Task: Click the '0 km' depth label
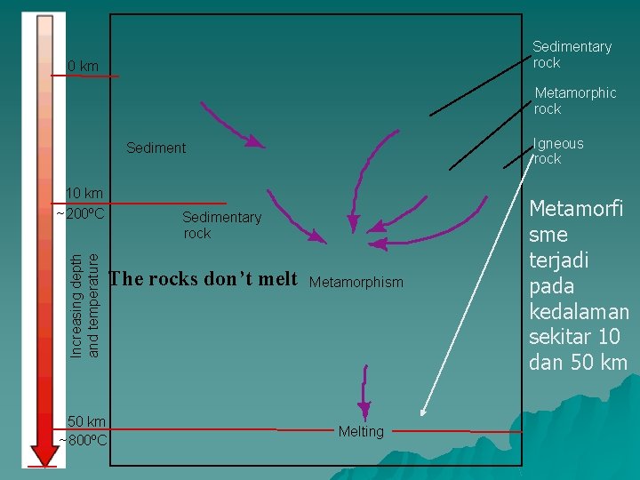84,66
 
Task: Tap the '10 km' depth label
84,193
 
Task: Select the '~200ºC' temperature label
81,214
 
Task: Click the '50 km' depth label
86,421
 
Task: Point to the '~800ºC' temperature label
84,439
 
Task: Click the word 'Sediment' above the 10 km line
156,148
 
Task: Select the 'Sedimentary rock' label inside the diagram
221,225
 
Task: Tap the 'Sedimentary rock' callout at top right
572,54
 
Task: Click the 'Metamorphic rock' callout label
574,100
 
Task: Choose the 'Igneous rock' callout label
558,151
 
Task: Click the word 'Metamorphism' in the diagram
356,282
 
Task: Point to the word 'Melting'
361,431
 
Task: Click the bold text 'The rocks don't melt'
203,279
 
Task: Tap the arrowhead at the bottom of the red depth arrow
43,453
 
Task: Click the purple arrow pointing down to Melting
364,386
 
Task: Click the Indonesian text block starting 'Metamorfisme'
579,285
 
